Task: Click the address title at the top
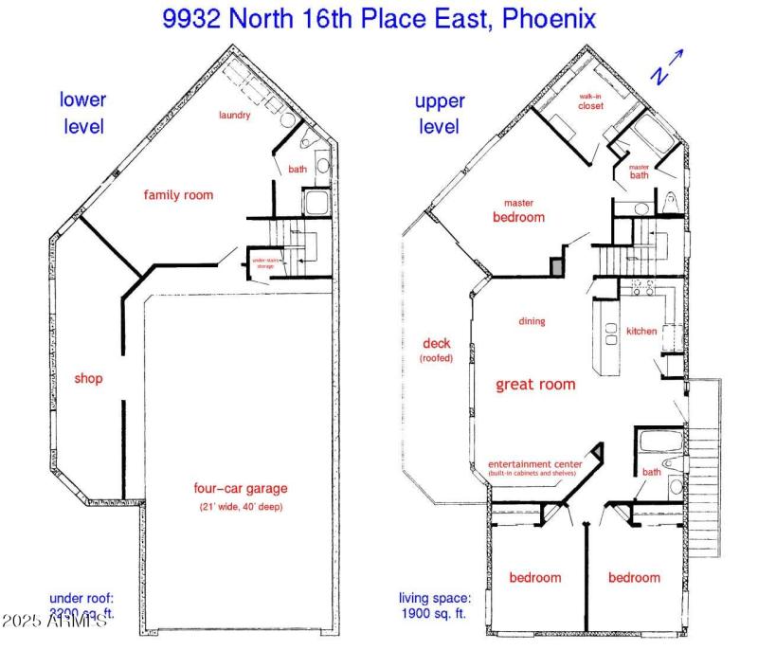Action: (379, 19)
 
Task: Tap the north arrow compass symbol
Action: (665, 66)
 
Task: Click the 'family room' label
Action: (178, 195)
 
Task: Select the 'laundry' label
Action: (234, 116)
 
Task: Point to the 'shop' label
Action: (88, 379)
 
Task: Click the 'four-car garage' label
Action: (241, 489)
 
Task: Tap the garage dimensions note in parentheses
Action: (241, 507)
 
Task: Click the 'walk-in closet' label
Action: (591, 100)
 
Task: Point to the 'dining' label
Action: (532, 321)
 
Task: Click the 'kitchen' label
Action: (641, 331)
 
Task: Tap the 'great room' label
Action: (536, 385)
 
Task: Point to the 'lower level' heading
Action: (83, 112)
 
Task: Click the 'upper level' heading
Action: (440, 114)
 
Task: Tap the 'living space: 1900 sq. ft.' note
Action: (434, 605)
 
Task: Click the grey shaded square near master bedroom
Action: (557, 268)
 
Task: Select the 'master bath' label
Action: (639, 172)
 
